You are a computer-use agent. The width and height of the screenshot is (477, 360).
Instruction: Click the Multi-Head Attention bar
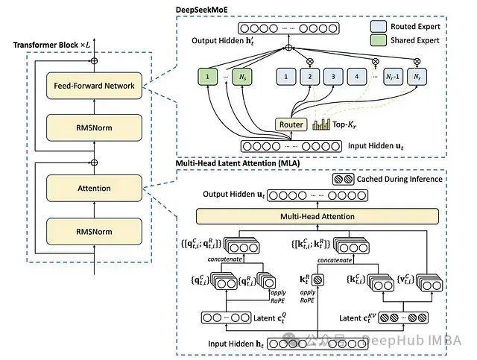coord(327,216)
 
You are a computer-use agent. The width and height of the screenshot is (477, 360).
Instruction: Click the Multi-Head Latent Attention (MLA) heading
coord(233,162)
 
